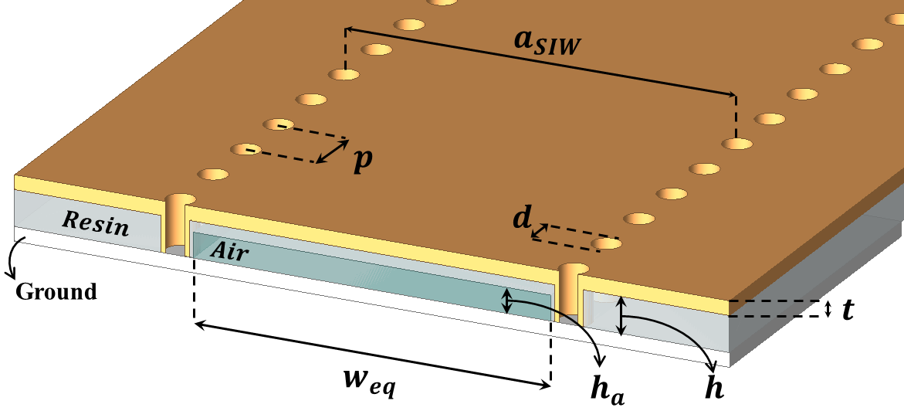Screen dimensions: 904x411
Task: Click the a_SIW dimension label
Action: (545, 43)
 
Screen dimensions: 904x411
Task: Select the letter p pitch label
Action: (363, 161)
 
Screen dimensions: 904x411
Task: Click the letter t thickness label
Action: (847, 310)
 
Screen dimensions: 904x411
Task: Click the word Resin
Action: (96, 223)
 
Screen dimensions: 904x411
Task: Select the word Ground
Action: (56, 291)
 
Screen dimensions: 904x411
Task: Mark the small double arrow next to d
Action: (540, 232)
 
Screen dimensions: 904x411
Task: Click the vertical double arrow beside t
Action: (828, 309)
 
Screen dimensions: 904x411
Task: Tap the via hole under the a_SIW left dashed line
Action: (344, 74)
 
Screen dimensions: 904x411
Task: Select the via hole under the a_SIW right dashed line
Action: (736, 143)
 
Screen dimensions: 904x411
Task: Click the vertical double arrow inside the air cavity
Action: (506, 301)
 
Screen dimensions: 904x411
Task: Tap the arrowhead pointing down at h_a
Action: (602, 362)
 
